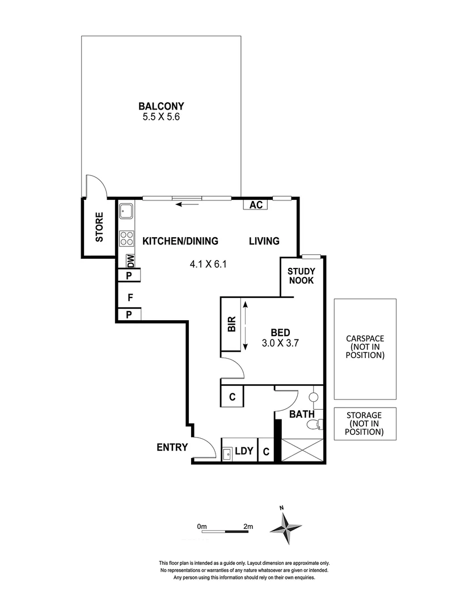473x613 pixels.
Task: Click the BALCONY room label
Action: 162,106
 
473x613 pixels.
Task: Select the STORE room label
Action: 99,228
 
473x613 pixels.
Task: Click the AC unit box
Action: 256,205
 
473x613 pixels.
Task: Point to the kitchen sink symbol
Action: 126,212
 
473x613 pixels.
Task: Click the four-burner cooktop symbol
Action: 126,238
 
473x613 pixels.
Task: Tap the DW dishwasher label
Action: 131,262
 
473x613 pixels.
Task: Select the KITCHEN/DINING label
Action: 180,241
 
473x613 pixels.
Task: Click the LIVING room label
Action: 264,241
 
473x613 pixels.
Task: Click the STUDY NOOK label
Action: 301,276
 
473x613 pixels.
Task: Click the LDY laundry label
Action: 244,451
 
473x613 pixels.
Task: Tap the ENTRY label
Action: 172,447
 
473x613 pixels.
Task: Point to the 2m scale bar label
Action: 247,527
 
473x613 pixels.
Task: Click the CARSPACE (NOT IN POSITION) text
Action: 365,347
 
